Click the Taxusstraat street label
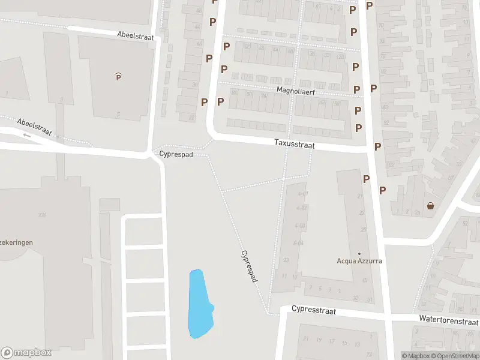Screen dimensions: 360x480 [x=294, y=145]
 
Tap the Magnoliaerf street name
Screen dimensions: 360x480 [x=296, y=91]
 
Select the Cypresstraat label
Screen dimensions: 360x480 [x=313, y=310]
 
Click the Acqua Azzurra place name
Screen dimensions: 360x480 [x=359, y=261]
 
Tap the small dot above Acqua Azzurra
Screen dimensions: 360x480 [x=359, y=253]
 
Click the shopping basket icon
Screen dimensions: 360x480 [x=430, y=206]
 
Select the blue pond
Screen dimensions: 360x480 [x=200, y=303]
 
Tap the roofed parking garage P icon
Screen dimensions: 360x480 [x=118, y=76]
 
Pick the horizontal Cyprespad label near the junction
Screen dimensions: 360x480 [x=176, y=154]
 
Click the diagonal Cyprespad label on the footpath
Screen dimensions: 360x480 [x=250, y=266]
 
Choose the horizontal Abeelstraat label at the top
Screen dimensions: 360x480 [x=136, y=37]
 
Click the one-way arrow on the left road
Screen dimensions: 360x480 [x=26, y=135]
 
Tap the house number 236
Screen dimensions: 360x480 [x=42, y=215]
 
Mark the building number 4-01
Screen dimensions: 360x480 [x=302, y=194]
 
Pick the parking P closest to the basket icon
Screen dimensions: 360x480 [x=382, y=190]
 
